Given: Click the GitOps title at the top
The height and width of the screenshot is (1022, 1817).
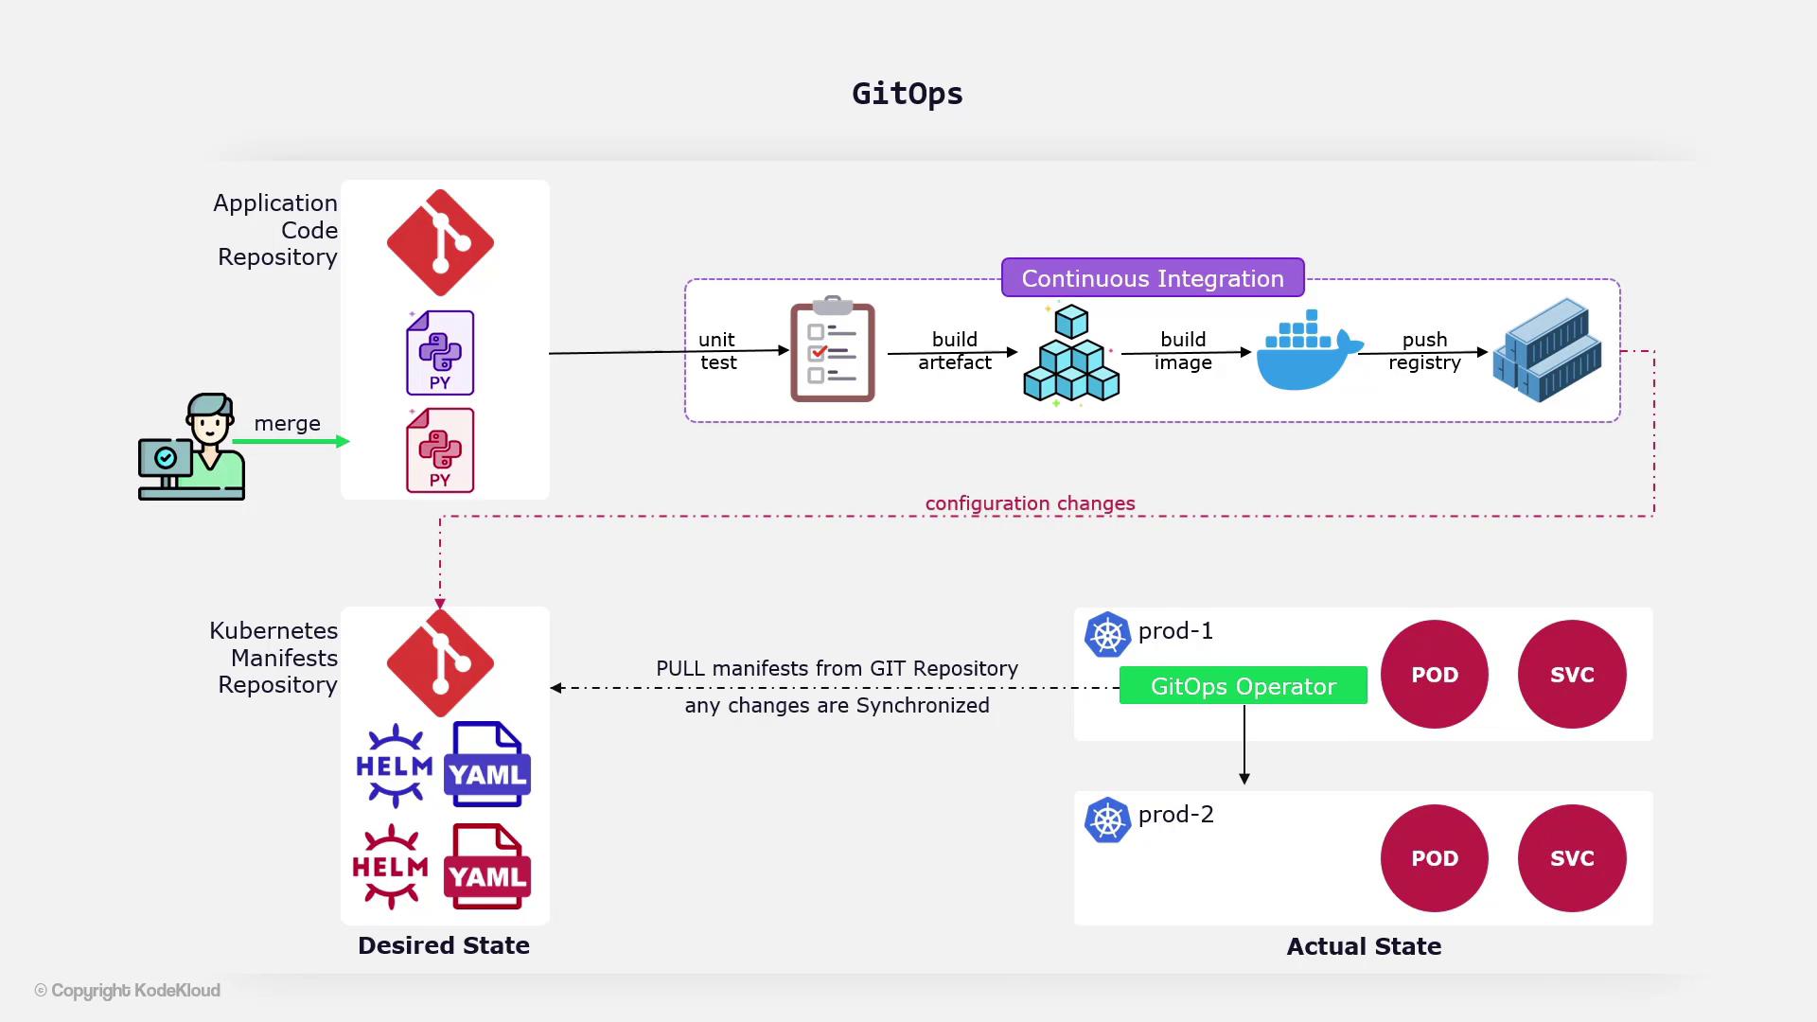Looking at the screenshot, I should point(907,94).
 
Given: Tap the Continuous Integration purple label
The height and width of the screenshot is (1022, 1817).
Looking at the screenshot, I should point(1153,278).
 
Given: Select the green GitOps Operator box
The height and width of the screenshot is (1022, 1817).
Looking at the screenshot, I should point(1243,686).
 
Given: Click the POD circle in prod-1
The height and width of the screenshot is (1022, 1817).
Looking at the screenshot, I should point(1434,675).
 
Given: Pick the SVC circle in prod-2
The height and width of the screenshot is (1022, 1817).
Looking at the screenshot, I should point(1571,858).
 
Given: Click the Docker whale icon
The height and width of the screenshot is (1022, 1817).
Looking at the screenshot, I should point(1309,351).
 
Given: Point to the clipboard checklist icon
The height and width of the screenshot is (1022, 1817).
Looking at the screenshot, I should point(832,351).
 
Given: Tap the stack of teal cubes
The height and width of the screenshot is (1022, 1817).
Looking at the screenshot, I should point(1071,355).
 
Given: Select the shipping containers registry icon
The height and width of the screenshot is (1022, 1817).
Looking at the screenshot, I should point(1547,350).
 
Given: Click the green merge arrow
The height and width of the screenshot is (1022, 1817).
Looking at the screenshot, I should point(291,441).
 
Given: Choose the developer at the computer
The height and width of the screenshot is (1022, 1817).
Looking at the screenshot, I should point(193,447).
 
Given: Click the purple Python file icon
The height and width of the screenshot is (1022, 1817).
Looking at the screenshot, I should point(440,352).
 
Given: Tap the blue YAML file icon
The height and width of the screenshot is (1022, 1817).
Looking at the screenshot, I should point(487,765).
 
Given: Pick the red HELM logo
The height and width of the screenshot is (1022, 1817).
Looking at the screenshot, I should point(390,867).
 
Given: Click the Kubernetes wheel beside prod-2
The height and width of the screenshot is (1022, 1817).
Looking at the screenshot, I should point(1107,820).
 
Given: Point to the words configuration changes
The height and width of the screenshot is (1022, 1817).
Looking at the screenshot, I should point(1030,503).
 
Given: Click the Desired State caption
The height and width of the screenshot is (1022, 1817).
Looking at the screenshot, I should point(444,945).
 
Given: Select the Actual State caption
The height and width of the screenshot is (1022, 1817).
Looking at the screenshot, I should point(1364,946).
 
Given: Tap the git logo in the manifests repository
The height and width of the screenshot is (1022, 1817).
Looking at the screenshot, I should point(440,662).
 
